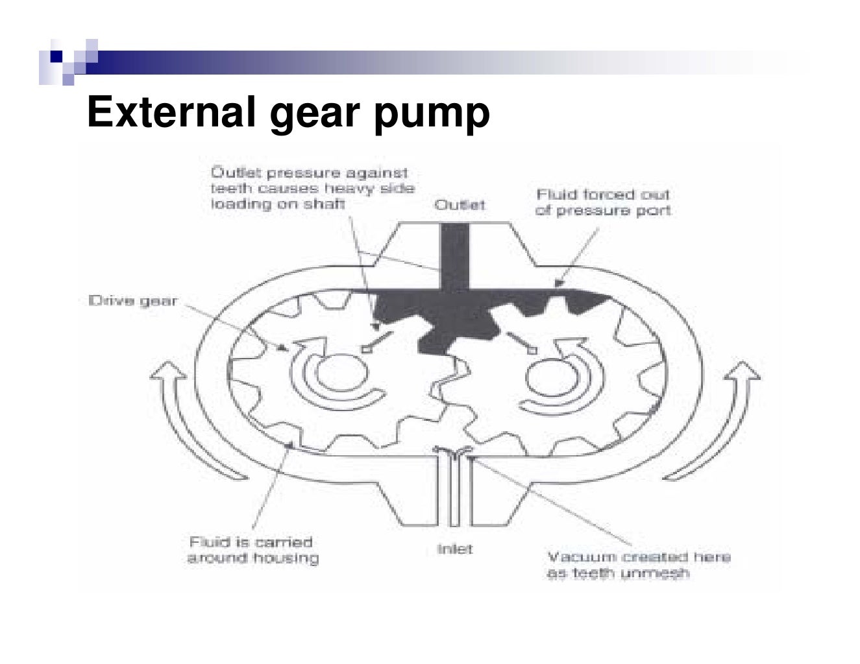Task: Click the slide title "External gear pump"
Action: click(288, 112)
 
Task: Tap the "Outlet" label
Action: click(460, 205)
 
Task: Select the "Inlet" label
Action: click(455, 549)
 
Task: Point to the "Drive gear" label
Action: click(132, 301)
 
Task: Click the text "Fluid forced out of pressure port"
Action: click(603, 202)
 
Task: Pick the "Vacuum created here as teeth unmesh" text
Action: click(639, 565)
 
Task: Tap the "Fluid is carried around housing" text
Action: click(252, 550)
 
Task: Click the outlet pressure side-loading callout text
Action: click(312, 188)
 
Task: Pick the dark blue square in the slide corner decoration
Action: click(56, 56)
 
